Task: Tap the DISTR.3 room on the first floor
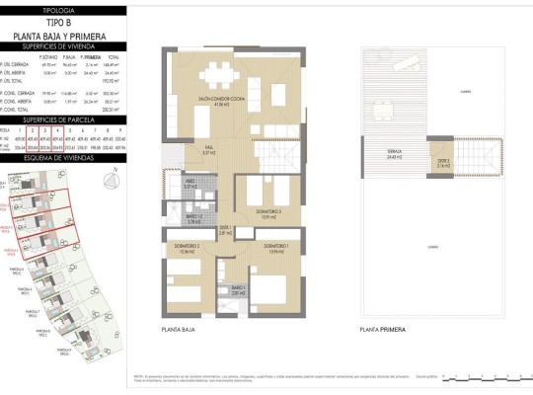tap(445, 165)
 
